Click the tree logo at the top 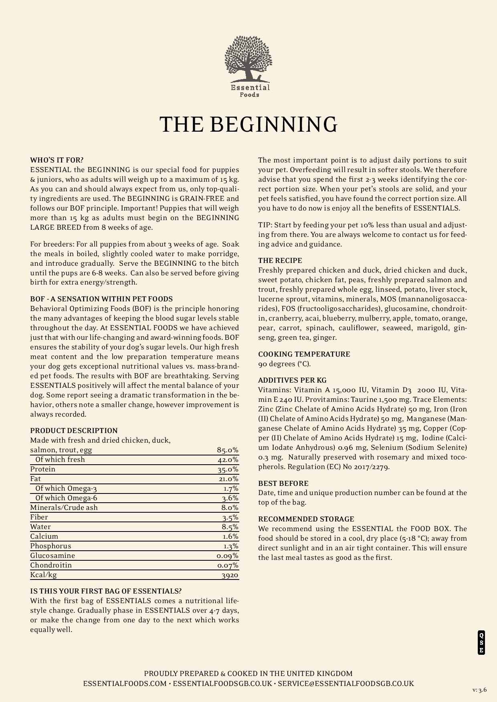click(248, 60)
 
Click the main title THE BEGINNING click(248, 124)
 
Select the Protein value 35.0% click(228, 469)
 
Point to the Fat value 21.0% click(228, 479)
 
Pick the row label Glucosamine click(53, 556)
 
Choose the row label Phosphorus click(51, 546)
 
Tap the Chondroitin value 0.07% click(228, 566)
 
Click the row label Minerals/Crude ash click(64, 507)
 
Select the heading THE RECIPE click(280, 261)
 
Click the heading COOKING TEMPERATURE click(304, 354)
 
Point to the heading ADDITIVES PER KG click(292, 380)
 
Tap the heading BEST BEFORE click(283, 483)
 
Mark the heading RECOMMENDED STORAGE click(306, 519)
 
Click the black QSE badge click(481, 642)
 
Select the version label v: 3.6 click(479, 690)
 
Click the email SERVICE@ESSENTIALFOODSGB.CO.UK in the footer click(346, 684)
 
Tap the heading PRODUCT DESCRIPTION click(74, 431)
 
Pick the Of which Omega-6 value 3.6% click(230, 498)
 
